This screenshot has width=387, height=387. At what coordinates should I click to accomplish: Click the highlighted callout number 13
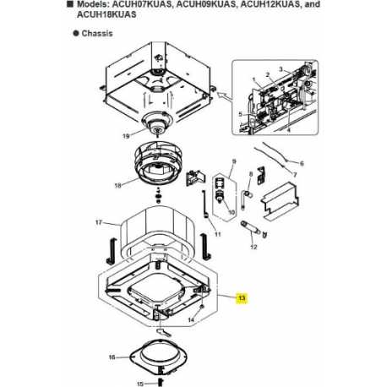[241, 298]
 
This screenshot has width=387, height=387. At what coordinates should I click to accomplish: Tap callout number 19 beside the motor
[126, 135]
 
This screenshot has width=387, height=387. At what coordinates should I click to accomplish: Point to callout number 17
[99, 223]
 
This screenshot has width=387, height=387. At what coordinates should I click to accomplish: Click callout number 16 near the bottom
[112, 357]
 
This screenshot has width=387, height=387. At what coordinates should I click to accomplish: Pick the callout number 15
[129, 382]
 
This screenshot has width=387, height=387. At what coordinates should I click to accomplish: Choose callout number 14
[192, 320]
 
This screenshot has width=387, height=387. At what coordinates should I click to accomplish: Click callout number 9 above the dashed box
[235, 161]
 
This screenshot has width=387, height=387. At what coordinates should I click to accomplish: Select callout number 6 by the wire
[302, 163]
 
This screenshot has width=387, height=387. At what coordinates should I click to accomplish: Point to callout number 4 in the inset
[288, 130]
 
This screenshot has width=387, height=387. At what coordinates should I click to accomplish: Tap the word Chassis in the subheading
[99, 33]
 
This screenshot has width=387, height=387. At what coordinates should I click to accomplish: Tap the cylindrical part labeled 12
[251, 226]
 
